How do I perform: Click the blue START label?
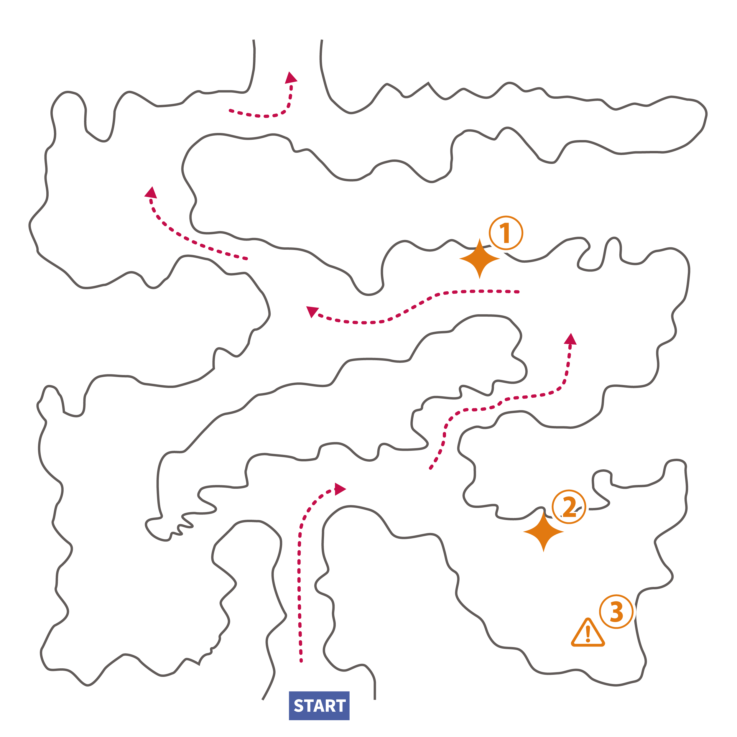(319, 706)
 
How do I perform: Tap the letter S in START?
(298, 706)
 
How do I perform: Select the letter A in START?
(319, 706)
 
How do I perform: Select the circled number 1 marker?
(506, 233)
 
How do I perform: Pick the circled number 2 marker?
(569, 506)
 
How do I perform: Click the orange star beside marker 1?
(480, 259)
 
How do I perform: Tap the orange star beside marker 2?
(543, 532)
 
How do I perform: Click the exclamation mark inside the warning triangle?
(588, 634)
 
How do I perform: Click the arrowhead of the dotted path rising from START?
(340, 489)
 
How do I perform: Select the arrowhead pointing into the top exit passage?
(291, 78)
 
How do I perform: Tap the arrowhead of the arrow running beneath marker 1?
(312, 311)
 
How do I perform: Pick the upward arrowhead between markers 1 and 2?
(570, 339)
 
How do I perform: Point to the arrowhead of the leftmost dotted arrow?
(151, 193)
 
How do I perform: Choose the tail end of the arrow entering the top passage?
(230, 111)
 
